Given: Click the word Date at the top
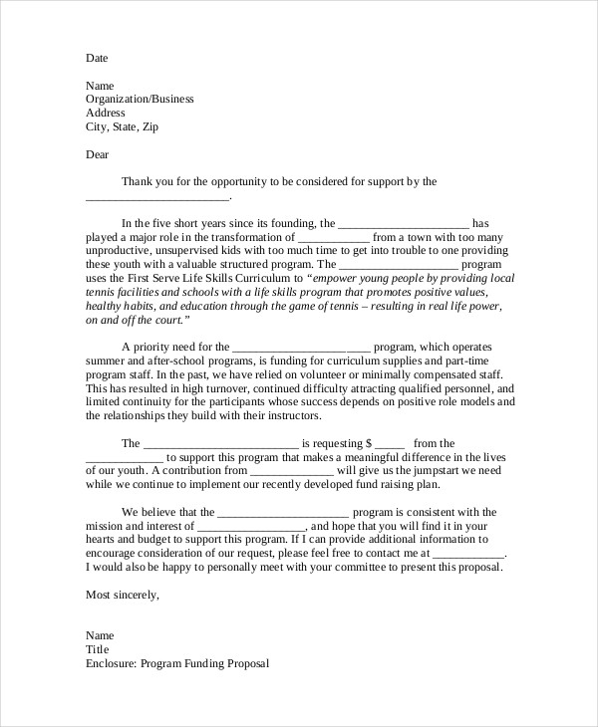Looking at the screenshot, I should (97, 58).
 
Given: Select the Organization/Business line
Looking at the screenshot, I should (140, 100).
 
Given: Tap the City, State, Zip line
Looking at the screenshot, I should (122, 127).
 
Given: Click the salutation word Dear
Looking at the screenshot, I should (98, 154).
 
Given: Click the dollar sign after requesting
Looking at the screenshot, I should (369, 444).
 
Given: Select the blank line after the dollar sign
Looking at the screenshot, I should (391, 444).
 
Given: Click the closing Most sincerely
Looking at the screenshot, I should (123, 595).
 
